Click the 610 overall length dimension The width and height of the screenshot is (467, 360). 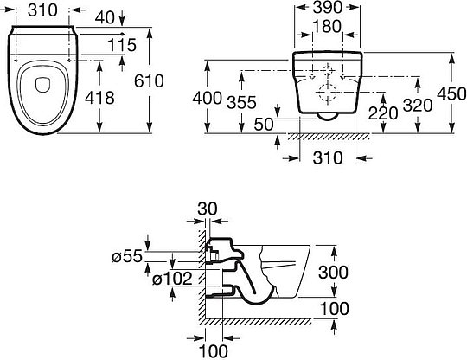coord(149,80)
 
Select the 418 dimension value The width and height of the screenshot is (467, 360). coord(99,98)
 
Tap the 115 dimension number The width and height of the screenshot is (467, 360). coord(122,45)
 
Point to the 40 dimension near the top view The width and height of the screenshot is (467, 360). coord(105,18)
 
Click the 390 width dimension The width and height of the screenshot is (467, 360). coord(327,8)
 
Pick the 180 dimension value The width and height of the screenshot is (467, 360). coord(327,26)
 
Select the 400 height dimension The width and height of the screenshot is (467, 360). coord(208,98)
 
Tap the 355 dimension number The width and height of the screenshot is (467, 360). coord(241,102)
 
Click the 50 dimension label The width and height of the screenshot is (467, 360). coord(264,125)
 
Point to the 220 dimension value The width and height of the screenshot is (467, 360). coord(383,113)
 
